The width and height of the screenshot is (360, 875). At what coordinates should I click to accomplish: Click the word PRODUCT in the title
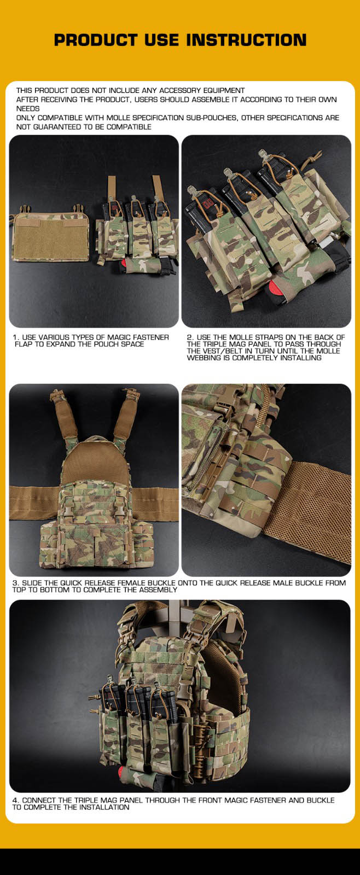click(x=95, y=40)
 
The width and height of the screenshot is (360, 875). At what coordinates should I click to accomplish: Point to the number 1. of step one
click(x=16, y=337)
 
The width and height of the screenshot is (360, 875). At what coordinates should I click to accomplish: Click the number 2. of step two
click(x=190, y=337)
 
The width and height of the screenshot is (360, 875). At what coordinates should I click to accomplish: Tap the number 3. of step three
click(x=16, y=583)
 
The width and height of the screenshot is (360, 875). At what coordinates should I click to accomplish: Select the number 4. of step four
click(x=16, y=801)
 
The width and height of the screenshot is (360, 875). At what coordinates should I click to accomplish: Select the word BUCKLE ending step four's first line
click(x=321, y=801)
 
